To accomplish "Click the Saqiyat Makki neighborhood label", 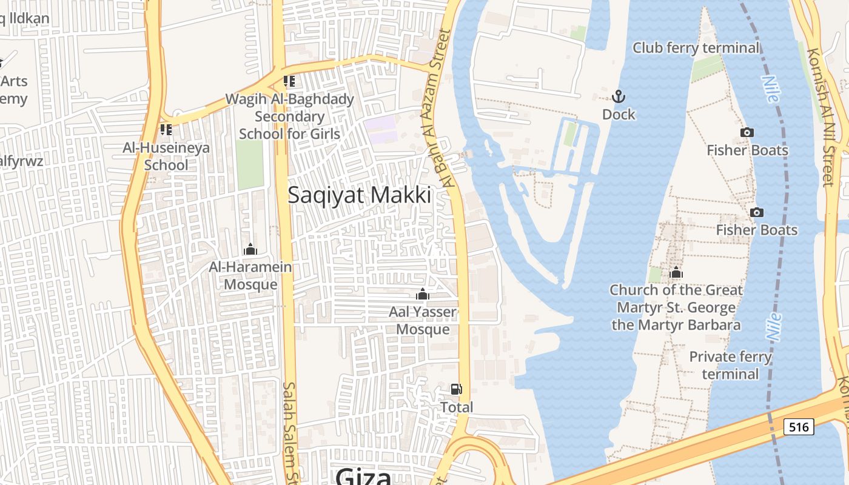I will (359, 195).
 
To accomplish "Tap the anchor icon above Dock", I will (619, 96).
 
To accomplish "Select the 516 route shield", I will (798, 427).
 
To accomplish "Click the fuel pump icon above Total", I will (456, 389).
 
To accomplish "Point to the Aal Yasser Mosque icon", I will (422, 295).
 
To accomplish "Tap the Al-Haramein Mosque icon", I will (250, 249).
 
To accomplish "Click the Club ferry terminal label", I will (696, 47).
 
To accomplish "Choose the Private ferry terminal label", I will (730, 365).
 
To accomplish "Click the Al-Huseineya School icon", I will (166, 129).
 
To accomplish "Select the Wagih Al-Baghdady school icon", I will (289, 81).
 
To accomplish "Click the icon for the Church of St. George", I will (676, 273).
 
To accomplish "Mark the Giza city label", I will (363, 476).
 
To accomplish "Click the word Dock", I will (619, 114).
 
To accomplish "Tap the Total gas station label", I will (456, 407).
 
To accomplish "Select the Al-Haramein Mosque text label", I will (250, 275).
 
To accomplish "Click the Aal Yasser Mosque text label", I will (423, 321).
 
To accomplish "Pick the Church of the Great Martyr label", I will (676, 307).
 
